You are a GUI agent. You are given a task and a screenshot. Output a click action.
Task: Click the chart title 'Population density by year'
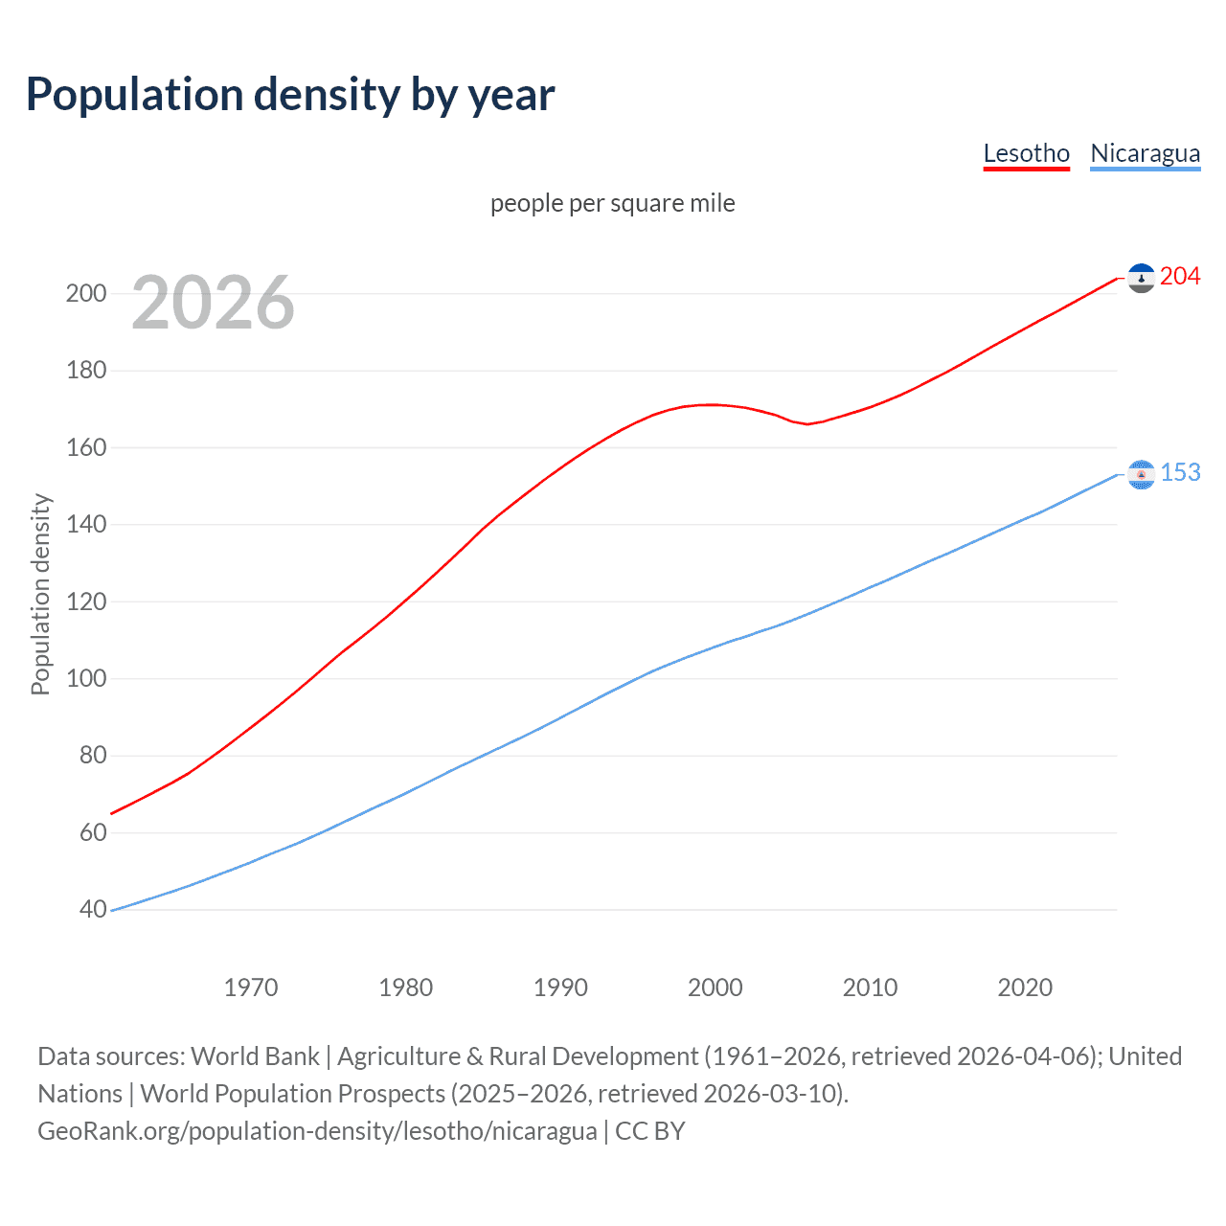point(290,95)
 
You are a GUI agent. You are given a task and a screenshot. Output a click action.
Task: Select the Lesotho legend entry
point(1026,153)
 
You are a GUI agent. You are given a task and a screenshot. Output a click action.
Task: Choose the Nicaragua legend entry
point(1145,153)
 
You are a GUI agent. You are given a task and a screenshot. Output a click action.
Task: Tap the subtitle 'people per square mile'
point(612,204)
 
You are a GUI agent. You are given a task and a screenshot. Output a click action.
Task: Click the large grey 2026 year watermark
point(213,303)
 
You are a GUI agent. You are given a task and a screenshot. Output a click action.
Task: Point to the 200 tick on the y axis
point(86,293)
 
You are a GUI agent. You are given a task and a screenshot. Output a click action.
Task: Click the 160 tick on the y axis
point(86,447)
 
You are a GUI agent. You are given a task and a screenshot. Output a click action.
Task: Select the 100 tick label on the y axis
point(86,678)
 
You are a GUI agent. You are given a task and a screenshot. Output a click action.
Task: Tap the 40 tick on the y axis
point(93,909)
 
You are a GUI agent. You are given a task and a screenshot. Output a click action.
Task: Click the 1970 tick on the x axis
point(251,988)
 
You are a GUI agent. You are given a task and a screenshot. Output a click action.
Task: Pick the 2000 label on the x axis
point(715,988)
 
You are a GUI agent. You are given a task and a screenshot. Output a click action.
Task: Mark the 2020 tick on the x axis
point(1024,988)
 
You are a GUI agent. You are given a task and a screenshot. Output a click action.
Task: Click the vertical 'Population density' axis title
point(40,594)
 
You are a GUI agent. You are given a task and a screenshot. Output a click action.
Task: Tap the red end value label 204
point(1179,277)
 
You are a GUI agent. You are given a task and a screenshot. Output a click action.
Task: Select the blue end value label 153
point(1180,473)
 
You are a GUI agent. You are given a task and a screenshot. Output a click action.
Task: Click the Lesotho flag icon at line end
point(1141,278)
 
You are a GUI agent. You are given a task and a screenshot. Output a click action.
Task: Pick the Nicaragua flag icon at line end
point(1141,474)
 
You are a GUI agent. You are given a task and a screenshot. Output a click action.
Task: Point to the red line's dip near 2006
point(807,423)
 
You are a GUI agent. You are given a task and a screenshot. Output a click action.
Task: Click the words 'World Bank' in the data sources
point(255,1056)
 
